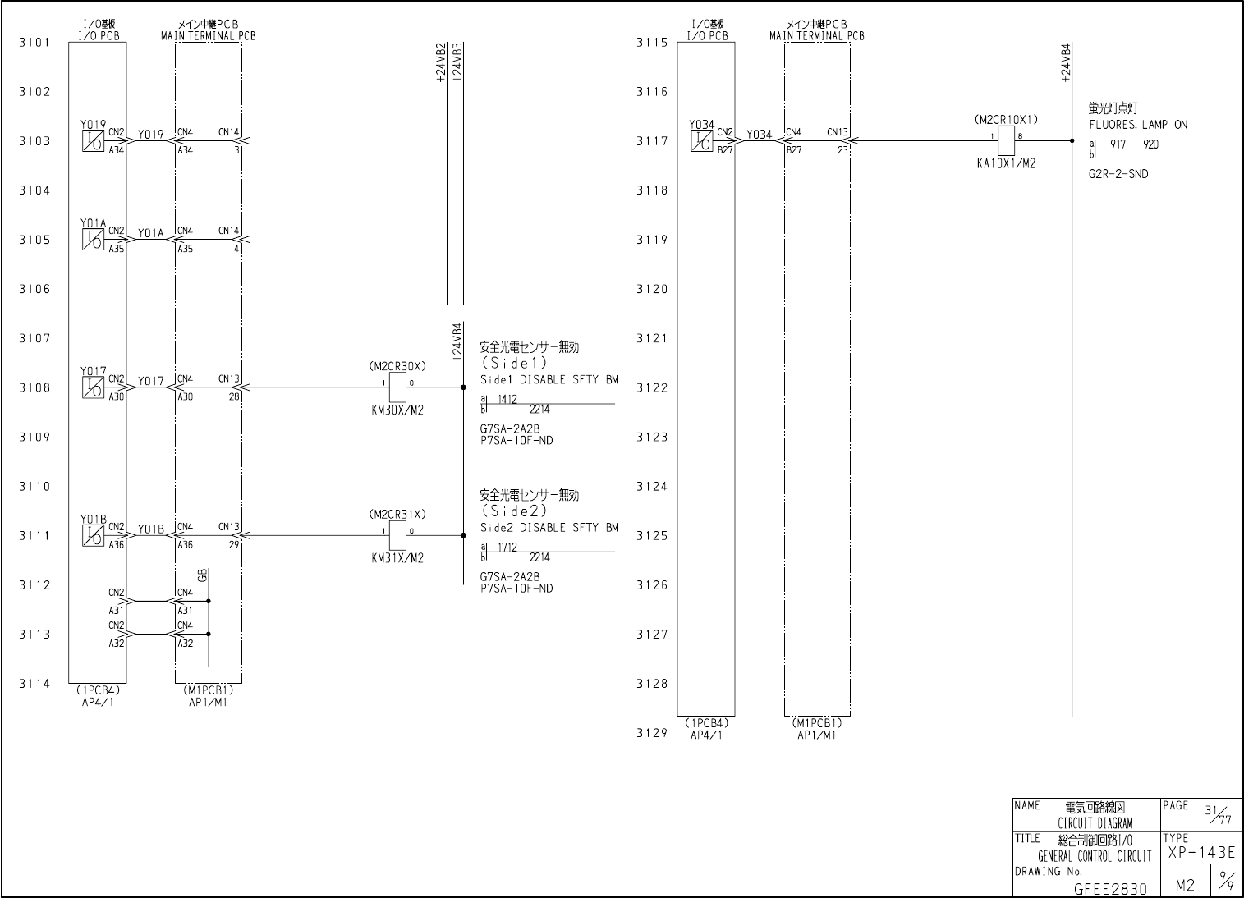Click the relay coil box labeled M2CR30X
397,387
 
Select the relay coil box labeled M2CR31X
397,535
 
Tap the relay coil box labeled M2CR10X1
1006,140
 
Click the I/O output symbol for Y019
93,141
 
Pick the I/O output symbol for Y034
701,141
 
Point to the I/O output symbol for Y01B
93,535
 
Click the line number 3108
34,387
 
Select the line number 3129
652,733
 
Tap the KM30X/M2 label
397,410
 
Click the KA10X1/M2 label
1006,163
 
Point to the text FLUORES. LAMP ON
1138,125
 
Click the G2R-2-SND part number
1118,174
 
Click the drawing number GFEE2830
1110,888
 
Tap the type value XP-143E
1200,852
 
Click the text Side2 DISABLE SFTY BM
549,528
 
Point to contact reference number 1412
507,399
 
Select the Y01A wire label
151,233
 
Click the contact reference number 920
1150,144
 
